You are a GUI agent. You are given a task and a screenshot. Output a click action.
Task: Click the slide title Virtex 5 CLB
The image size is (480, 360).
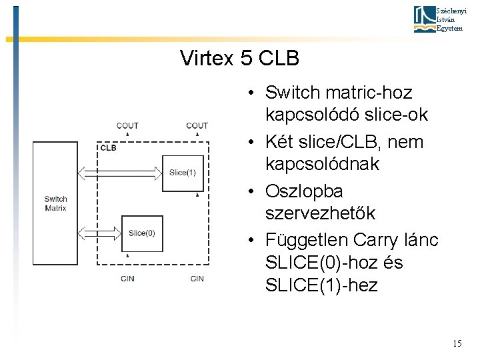239,59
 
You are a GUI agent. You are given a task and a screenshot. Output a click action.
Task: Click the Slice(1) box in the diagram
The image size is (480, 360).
182,173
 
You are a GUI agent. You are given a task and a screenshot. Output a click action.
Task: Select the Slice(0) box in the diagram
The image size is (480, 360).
141,233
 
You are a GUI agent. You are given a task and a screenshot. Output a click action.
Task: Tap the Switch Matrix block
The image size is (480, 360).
55,203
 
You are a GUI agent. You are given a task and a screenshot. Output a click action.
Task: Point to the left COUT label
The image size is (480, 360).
127,125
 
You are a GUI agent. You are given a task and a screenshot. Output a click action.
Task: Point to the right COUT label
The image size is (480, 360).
197,125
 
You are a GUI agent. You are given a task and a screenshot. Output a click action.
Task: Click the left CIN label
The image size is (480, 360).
127,279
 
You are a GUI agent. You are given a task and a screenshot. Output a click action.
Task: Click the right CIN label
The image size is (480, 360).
197,279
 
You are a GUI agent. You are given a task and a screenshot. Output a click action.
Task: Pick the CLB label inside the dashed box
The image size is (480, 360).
108,147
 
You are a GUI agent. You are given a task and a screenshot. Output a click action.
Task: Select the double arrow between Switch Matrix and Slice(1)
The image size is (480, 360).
121,173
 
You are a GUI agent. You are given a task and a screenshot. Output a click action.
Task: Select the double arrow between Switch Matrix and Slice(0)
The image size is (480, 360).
100,233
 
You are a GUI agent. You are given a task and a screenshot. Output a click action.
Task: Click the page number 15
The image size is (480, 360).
457,343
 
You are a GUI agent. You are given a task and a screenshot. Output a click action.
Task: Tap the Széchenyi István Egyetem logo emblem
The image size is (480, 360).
424,19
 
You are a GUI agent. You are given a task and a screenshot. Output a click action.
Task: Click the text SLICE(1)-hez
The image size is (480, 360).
321,286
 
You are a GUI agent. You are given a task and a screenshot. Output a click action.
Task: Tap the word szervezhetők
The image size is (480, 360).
320,214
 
